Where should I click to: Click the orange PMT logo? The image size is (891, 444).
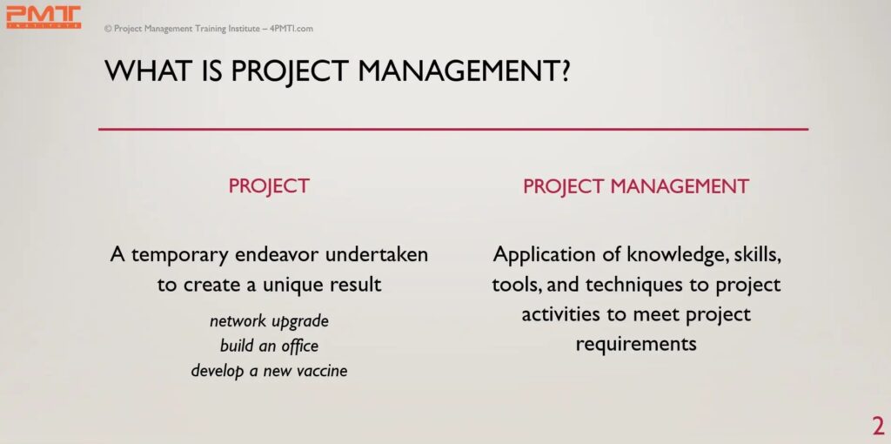pyautogui.click(x=44, y=16)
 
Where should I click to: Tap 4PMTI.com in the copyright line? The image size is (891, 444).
pyautogui.click(x=291, y=29)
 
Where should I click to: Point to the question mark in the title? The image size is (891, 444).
pyautogui.click(x=562, y=71)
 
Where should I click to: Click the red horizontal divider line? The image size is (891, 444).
pyautogui.click(x=452, y=130)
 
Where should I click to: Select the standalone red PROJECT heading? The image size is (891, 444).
pyautogui.click(x=269, y=185)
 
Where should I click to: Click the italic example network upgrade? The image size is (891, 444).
pyautogui.click(x=270, y=321)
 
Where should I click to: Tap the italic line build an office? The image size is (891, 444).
pyautogui.click(x=269, y=346)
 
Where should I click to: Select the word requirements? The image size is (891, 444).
pyautogui.click(x=636, y=344)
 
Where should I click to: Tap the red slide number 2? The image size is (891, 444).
pyautogui.click(x=878, y=427)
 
